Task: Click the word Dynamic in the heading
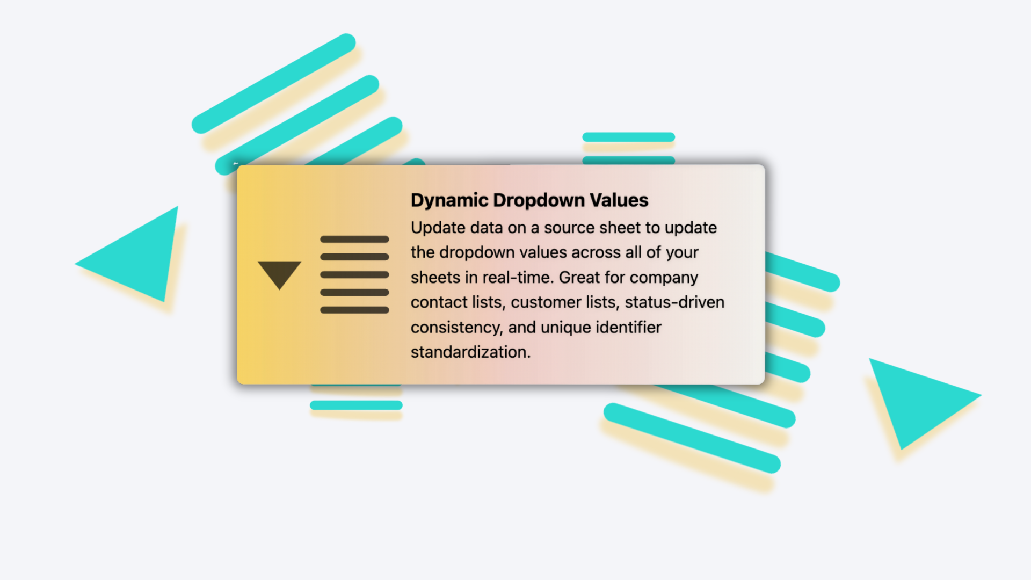(x=449, y=200)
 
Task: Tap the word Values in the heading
(x=619, y=200)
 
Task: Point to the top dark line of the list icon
(x=354, y=239)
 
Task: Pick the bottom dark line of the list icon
(x=354, y=310)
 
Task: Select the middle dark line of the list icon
(x=354, y=274)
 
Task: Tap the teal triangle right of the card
(x=918, y=400)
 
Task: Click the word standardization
(x=471, y=352)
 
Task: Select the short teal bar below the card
(x=356, y=405)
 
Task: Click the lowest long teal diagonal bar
(x=692, y=438)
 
